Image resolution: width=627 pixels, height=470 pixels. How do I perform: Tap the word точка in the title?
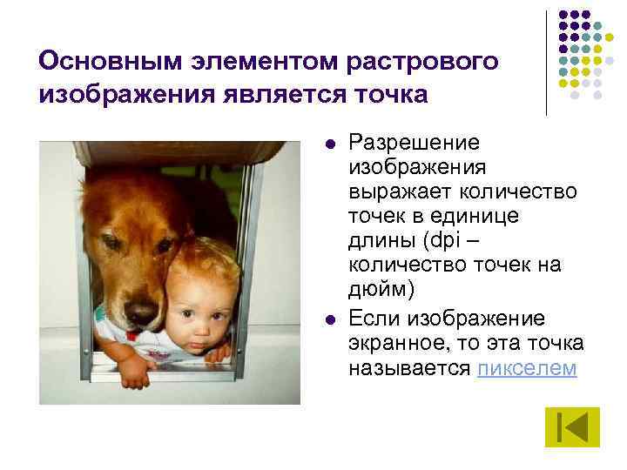pos(391,93)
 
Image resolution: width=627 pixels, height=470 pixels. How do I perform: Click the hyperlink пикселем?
pos(527,367)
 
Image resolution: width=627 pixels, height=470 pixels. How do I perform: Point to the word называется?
pos(410,367)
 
